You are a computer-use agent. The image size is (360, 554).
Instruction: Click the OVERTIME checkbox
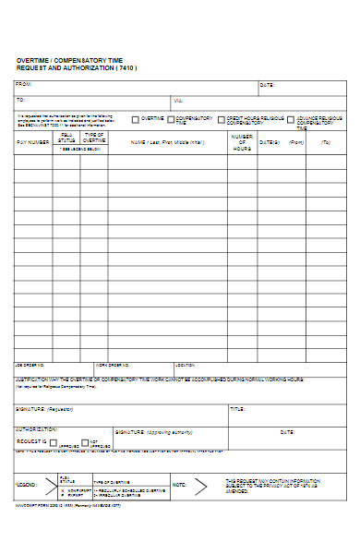(136, 119)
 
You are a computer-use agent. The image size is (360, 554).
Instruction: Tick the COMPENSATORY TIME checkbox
(170, 119)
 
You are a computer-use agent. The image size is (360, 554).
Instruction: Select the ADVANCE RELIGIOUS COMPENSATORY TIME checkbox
(291, 119)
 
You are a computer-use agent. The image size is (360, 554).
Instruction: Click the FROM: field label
(23, 85)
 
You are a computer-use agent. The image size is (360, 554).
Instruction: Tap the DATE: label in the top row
(267, 85)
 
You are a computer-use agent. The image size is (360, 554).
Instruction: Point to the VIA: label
(178, 100)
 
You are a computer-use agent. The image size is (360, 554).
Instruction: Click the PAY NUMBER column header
(33, 142)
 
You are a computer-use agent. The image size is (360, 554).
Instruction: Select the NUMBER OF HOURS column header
(242, 142)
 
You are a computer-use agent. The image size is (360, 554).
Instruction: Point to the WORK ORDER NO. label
(114, 364)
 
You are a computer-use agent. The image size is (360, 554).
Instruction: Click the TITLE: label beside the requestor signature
(237, 408)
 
